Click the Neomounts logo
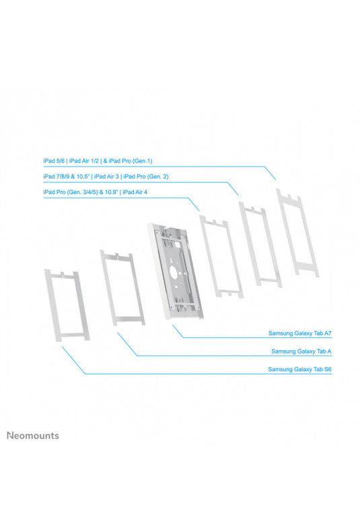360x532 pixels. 33,435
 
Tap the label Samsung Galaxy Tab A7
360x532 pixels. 299,333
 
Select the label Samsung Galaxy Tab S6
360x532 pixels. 299,369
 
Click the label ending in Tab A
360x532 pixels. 301,351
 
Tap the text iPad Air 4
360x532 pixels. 135,192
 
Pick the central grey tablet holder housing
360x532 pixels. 175,271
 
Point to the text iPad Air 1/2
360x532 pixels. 83,161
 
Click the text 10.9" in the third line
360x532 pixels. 111,192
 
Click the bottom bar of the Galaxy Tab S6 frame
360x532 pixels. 73,337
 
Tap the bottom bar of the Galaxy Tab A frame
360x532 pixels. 129,320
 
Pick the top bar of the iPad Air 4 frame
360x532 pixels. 213,222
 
